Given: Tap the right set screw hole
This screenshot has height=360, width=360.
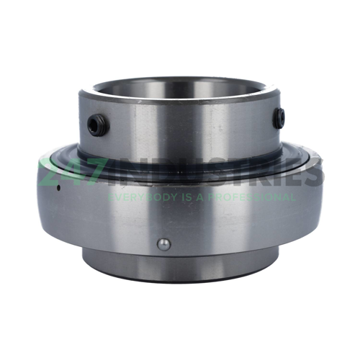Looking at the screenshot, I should (x=279, y=118).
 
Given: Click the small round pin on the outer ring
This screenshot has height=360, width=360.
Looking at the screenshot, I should (x=163, y=245).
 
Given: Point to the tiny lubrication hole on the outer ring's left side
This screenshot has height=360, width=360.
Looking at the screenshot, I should (x=58, y=188).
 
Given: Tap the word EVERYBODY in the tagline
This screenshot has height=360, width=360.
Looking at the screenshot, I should (x=135, y=197).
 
